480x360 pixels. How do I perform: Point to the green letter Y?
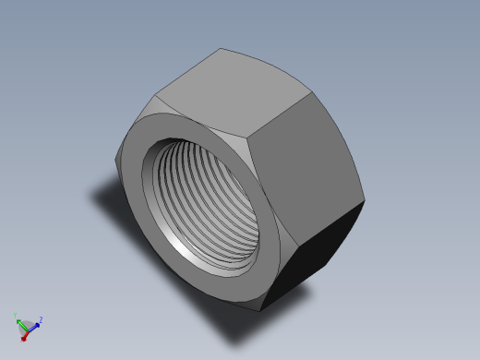tap(16, 315)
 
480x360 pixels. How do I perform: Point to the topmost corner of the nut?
tap(222, 49)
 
